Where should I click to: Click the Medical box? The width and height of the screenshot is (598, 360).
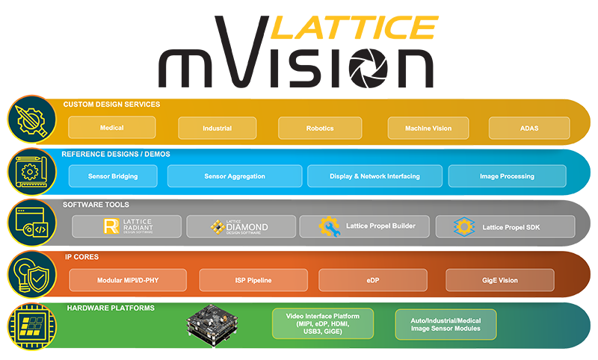[111, 128]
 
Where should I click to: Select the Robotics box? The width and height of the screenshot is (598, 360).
[320, 128]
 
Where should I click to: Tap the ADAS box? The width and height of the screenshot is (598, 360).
[529, 128]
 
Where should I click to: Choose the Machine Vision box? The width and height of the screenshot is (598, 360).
[428, 128]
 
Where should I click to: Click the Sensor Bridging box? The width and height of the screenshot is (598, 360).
[113, 176]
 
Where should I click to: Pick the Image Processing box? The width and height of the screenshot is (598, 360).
[508, 176]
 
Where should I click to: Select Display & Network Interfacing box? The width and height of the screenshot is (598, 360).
[375, 176]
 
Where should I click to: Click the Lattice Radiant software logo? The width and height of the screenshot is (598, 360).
[128, 226]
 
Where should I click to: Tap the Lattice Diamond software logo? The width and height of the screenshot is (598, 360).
[239, 226]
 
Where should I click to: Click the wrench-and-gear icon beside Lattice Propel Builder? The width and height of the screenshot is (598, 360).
[329, 226]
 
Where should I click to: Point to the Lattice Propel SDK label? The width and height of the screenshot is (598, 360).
[511, 228]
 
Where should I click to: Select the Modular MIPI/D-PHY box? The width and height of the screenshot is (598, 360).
[128, 280]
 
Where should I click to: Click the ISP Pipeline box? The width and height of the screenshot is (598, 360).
[253, 280]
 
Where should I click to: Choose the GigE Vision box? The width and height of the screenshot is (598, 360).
[500, 280]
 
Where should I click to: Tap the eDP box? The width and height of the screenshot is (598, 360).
[373, 280]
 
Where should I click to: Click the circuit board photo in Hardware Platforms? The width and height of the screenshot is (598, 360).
[212, 325]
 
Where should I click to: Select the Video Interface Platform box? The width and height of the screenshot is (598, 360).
[323, 323]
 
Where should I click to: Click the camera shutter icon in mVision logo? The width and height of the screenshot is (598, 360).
[369, 68]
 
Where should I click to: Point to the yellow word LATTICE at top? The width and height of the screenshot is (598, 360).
[354, 28]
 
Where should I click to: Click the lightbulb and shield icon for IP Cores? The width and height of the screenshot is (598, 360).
[32, 274]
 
